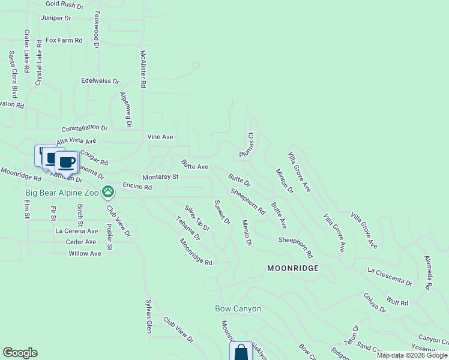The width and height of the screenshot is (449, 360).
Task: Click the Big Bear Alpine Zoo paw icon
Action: (108, 192)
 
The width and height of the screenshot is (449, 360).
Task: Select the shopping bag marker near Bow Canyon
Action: (241, 352)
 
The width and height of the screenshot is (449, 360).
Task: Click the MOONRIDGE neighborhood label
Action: (292, 268)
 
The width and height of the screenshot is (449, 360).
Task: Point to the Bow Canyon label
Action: (238, 308)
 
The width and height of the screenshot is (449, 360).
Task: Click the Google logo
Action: (20, 353)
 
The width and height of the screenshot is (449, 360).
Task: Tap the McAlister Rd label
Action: (143, 70)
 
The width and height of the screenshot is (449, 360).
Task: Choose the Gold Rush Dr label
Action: (64, 5)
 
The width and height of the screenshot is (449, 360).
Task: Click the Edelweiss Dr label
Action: (100, 80)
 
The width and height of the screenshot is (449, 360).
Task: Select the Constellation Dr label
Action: (85, 128)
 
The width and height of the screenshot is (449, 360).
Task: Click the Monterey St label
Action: (160, 177)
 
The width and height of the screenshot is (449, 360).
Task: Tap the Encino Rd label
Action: (137, 187)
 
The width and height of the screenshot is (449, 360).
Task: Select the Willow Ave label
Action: (85, 253)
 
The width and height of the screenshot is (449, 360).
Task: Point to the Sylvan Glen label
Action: (148, 317)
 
